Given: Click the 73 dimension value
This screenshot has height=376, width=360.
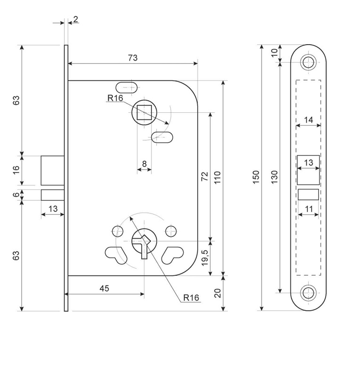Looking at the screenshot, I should [133, 58].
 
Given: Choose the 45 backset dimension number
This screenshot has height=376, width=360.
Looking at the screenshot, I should [104, 289].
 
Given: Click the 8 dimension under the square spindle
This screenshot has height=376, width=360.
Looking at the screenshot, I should [144, 164].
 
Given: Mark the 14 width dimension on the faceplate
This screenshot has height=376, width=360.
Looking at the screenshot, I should [308, 120].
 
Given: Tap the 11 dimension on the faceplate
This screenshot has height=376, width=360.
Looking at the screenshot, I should [308, 208].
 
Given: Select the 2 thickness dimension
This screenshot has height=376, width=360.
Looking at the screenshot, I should [76, 19].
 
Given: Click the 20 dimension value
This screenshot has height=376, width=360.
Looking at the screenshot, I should [217, 294].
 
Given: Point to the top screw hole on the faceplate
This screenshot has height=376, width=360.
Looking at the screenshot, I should [309, 62].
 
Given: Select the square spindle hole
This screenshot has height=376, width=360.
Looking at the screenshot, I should [144, 113].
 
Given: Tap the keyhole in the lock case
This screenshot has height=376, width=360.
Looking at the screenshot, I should [143, 242].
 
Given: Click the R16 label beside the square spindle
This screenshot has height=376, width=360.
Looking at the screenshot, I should [115, 98].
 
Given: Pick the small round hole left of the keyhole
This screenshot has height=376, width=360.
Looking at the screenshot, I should [116, 230].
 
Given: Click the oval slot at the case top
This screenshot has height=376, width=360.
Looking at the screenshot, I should [126, 87].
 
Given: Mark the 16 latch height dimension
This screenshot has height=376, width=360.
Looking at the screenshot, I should [16, 170].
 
